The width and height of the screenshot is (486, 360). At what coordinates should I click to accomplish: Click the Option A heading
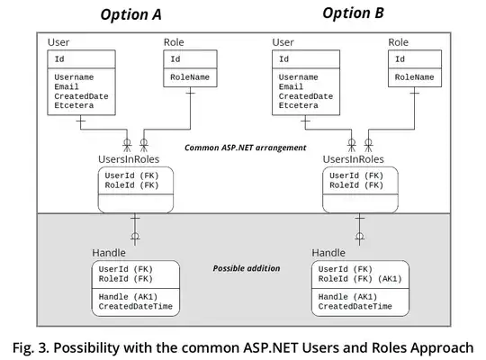[x=130, y=14]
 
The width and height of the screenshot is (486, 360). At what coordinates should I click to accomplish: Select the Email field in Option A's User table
[x=67, y=87]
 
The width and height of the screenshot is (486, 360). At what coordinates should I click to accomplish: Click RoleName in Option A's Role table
[x=190, y=78]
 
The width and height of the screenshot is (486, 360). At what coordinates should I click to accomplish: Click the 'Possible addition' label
[x=245, y=268]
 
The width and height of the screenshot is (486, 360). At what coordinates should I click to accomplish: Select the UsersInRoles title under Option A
[x=130, y=158]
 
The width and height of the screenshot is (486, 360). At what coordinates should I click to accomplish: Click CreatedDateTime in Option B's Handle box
[x=355, y=307]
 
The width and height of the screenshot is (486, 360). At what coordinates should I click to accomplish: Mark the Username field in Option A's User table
[x=75, y=78]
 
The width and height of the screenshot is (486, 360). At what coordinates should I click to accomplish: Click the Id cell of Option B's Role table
[x=400, y=59]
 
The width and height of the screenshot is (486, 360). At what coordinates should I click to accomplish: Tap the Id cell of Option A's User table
[x=58, y=59]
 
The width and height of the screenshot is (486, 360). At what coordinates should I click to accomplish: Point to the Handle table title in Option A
[x=109, y=253]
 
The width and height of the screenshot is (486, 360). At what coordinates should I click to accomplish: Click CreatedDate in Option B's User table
[x=305, y=96]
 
